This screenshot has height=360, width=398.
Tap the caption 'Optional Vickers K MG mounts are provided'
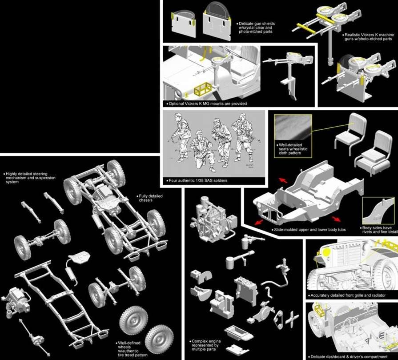(x=207, y=104)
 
